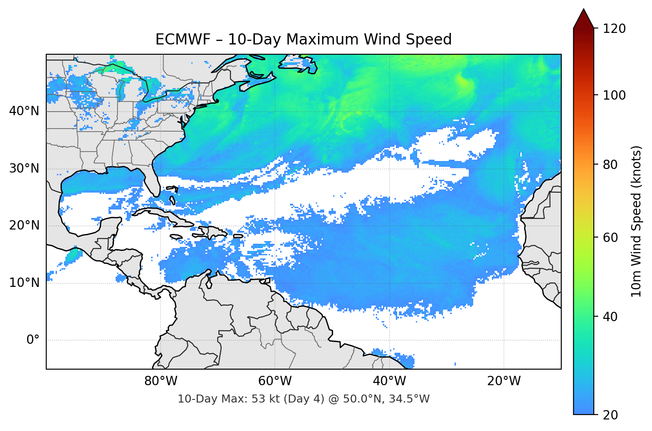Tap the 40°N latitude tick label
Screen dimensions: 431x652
(x=24, y=111)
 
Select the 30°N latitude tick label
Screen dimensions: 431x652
(x=24, y=169)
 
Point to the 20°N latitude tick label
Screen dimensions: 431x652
(x=24, y=226)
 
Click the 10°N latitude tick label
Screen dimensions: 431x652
(x=24, y=283)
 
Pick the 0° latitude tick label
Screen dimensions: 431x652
(x=33, y=340)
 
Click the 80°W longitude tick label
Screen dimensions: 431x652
(x=161, y=381)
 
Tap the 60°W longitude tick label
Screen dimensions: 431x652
(x=275, y=381)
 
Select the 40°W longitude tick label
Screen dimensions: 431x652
(x=389, y=381)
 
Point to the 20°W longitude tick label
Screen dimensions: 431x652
(x=503, y=381)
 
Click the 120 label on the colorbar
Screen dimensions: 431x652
(x=614, y=28)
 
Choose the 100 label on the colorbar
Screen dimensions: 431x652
(x=614, y=95)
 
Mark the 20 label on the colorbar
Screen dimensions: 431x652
(x=611, y=415)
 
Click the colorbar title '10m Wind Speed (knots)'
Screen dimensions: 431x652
(x=636, y=222)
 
